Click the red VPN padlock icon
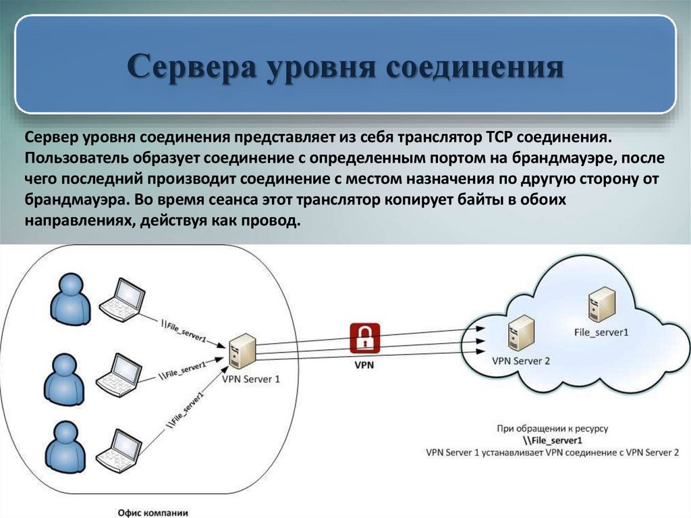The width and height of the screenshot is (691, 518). coord(364,338)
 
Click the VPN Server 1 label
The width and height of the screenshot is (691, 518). coord(251,379)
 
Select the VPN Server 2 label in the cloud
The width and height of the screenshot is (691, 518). coord(521,361)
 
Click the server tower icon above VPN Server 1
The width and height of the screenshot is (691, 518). coord(242,351)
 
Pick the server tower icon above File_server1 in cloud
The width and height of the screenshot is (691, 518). coord(601,305)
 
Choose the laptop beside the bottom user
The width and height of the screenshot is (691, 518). coord(119,449)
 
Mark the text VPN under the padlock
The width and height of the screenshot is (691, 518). coord(364,365)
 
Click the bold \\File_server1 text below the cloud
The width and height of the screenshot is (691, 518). coord(553,440)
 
